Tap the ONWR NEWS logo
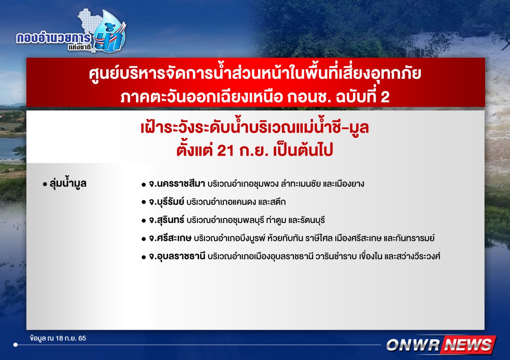click(x=441, y=345)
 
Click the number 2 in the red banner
click(x=385, y=96)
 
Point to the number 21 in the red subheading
click(x=226, y=150)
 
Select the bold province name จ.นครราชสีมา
click(x=177, y=184)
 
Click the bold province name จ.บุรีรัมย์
click(x=167, y=202)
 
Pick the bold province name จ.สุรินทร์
click(x=167, y=220)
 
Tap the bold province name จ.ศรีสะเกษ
click(x=170, y=238)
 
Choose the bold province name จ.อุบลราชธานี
click(x=177, y=256)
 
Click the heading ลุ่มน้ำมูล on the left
click(x=68, y=184)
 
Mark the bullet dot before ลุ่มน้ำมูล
click(x=45, y=184)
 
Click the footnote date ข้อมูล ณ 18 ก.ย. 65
click(x=58, y=338)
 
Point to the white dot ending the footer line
click(x=16, y=345)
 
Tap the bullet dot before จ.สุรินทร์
click(x=143, y=221)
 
